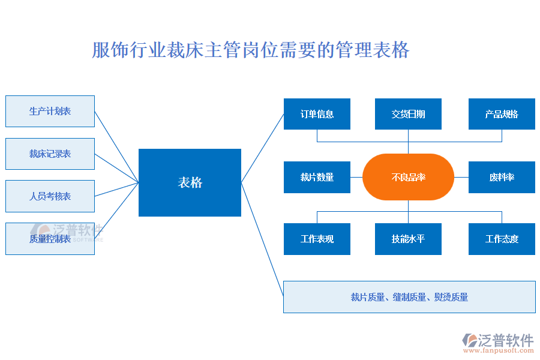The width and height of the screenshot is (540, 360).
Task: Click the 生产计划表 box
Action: tap(50, 111)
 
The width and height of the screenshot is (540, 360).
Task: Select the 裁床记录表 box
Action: tap(50, 154)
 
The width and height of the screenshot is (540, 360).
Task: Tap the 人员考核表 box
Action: tap(50, 196)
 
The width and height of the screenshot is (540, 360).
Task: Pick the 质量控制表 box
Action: tap(50, 239)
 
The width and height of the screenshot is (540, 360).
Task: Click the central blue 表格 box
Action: tap(190, 182)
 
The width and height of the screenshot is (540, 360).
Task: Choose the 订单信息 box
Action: tap(317, 114)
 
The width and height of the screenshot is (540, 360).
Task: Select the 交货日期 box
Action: tap(408, 114)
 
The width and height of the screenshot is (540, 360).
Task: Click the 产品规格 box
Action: tap(502, 114)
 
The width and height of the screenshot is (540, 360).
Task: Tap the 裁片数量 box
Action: tap(317, 177)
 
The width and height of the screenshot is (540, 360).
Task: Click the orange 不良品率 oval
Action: tap(408, 177)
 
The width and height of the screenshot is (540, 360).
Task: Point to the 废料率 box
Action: tap(502, 177)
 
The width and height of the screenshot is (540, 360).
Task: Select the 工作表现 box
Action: tap(317, 239)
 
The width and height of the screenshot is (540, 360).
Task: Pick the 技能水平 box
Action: tap(408, 239)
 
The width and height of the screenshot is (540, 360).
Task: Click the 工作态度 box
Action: tap(502, 239)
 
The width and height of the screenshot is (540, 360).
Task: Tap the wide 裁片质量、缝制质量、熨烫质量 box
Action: tap(409, 297)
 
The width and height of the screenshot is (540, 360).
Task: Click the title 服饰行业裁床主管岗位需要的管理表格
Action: tap(251, 50)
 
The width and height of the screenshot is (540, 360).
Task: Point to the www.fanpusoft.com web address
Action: tap(502, 351)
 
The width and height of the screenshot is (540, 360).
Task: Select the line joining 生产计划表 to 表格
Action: tap(116, 146)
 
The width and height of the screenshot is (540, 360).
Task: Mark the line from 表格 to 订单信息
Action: tap(262, 148)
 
